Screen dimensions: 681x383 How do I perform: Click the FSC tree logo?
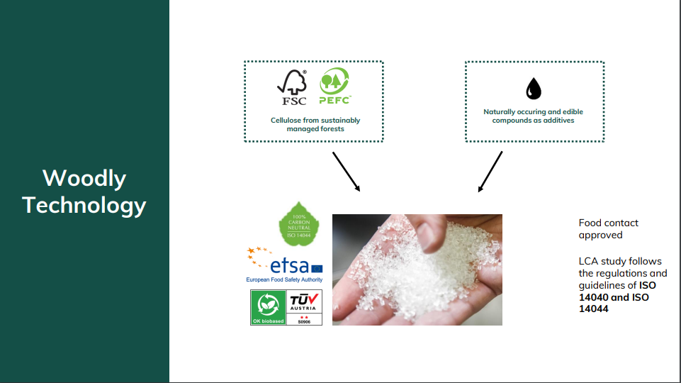pos(292,87)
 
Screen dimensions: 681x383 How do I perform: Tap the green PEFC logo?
pos(335,86)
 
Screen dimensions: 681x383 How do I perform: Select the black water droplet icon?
pos(534,89)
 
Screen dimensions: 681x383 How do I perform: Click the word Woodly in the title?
pos(84,178)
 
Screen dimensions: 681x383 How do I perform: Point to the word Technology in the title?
pos(84,205)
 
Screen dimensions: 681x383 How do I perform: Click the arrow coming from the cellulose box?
pos(346,171)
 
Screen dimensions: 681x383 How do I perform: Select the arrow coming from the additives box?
pos(490,171)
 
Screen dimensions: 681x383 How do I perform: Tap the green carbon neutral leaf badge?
pos(299,224)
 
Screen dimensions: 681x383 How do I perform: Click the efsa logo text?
pos(289,265)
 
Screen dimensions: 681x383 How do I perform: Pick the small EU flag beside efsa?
pos(317,269)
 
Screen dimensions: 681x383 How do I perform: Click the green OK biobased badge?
pos(268,307)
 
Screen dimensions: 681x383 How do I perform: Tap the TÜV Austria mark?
pos(304,307)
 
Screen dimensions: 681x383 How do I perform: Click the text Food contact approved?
pos(609,228)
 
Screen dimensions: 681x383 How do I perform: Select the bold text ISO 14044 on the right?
pos(614,303)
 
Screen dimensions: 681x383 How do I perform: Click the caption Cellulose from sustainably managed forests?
pos(315,124)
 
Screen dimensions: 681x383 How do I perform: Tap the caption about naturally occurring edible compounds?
pos(534,116)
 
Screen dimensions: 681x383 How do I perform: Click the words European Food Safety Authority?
pos(284,279)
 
